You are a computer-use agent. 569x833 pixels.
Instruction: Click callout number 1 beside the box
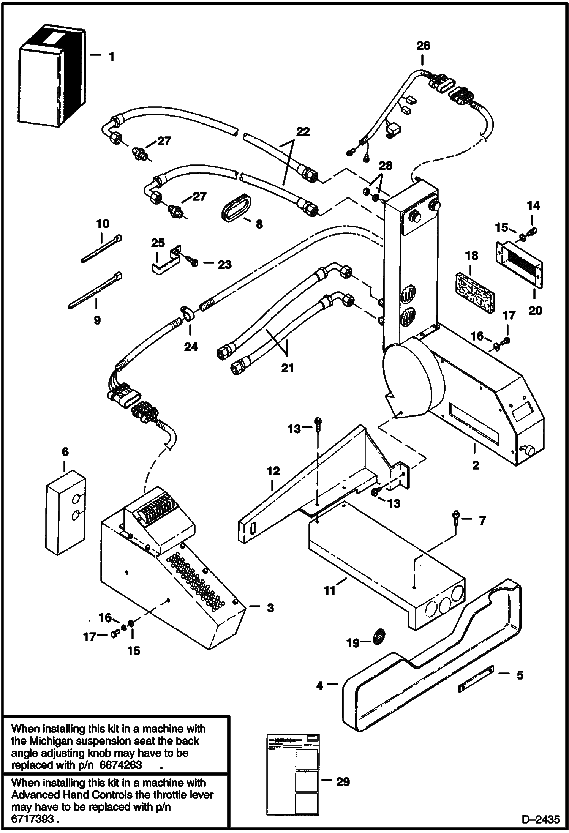(x=111, y=57)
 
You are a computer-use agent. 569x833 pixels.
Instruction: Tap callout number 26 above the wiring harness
(x=423, y=46)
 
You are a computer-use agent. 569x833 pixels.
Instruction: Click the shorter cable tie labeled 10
(x=101, y=248)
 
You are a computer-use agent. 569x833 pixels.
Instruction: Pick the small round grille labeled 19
(x=379, y=642)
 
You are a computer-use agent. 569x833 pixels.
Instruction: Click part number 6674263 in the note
(x=120, y=764)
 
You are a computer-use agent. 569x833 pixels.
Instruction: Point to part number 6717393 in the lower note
(x=32, y=819)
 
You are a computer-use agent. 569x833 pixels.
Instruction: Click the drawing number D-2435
(x=540, y=819)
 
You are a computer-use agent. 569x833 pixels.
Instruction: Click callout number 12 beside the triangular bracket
(x=273, y=471)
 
